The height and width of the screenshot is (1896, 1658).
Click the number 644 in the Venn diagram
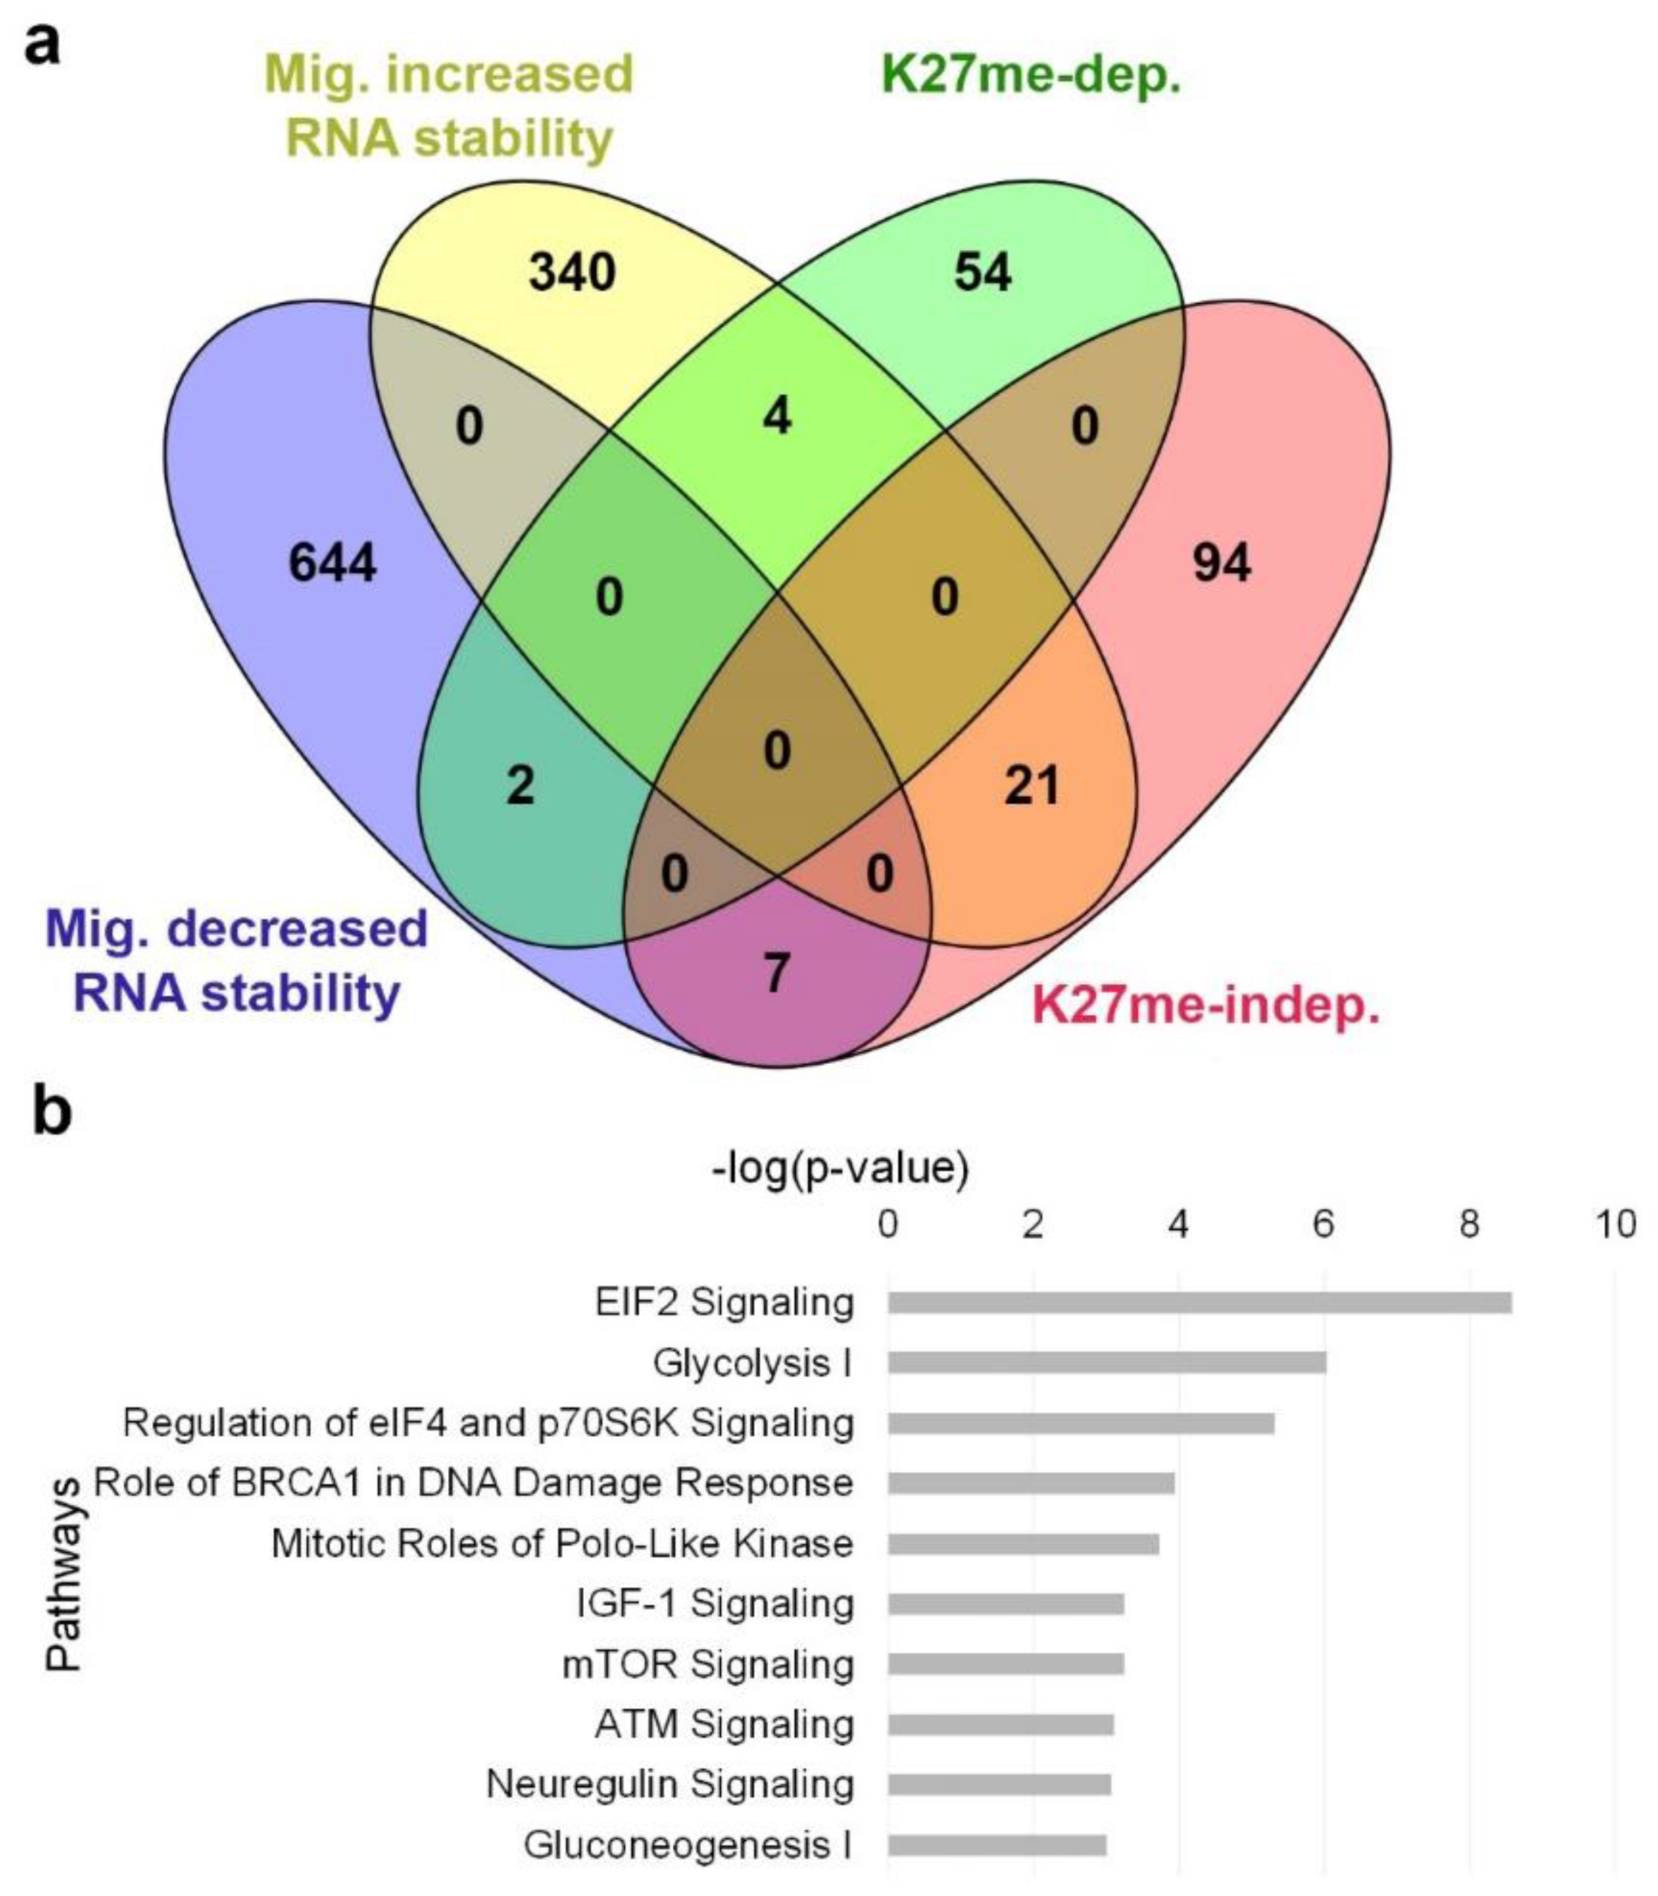click(332, 562)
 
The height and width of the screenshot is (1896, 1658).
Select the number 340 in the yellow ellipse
click(572, 272)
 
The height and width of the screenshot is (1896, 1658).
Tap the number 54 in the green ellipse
click(982, 272)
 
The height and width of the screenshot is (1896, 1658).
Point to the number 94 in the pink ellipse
click(1221, 562)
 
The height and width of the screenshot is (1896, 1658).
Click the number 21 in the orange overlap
click(1032, 786)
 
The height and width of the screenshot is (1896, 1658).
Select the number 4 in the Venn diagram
click(777, 415)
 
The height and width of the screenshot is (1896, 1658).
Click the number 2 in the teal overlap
click(520, 786)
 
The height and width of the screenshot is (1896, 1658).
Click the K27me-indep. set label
click(1206, 1004)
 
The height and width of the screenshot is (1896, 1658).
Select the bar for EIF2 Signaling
click(1199, 1302)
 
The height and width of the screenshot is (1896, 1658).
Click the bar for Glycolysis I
click(1107, 1363)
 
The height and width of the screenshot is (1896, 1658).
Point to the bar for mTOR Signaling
click(1006, 1664)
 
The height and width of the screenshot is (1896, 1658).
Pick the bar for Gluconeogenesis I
click(996, 1845)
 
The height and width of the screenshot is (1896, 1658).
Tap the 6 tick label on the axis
click(1323, 1224)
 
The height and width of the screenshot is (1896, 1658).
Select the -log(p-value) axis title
click(840, 1169)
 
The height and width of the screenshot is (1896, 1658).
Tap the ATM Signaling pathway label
click(724, 1724)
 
